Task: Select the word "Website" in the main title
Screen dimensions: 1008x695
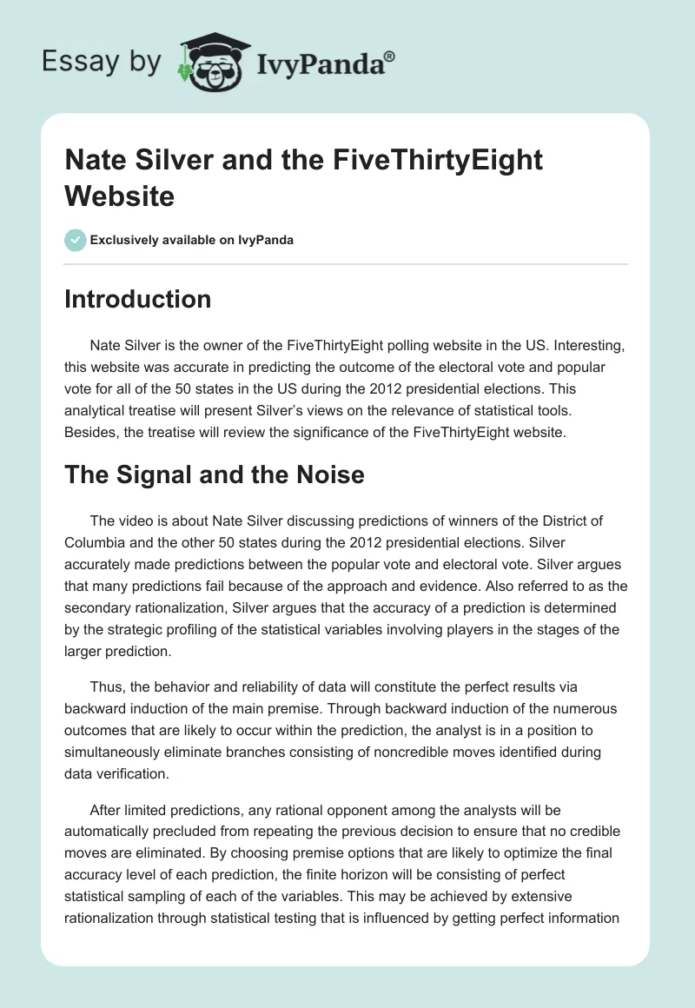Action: tap(119, 195)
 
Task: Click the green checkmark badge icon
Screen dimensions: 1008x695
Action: tap(76, 240)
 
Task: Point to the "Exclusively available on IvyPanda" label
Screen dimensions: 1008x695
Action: tap(191, 240)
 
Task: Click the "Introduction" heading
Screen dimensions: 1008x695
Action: tap(138, 299)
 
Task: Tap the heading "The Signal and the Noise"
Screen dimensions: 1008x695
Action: tap(215, 474)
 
